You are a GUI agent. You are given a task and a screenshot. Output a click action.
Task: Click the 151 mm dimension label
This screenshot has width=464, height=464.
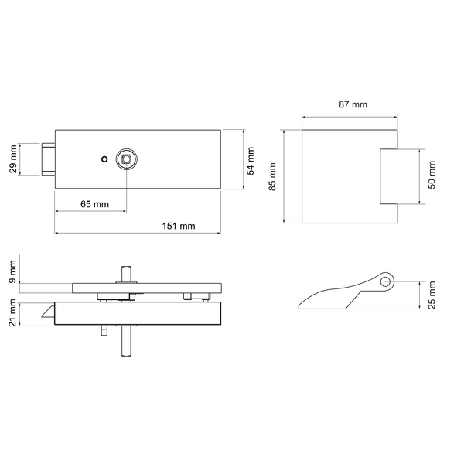click(179, 227)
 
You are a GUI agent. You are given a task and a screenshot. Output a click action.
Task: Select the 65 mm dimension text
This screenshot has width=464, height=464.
click(94, 204)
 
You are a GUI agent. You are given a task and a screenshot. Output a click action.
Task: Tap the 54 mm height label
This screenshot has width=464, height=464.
click(251, 161)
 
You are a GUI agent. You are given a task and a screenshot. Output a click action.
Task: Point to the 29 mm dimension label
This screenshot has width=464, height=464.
click(13, 159)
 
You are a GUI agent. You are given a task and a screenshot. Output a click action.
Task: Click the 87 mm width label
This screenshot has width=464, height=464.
click(353, 104)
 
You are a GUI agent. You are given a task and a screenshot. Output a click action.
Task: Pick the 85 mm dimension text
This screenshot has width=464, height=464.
click(272, 176)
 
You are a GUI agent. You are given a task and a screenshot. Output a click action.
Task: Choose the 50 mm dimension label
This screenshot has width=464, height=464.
click(432, 175)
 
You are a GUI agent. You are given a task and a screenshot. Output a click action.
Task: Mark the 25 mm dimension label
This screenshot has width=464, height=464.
click(432, 295)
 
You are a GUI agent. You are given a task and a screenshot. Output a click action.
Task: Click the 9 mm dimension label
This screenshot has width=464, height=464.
click(12, 271)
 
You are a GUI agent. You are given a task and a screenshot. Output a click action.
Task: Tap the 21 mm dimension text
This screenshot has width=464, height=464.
click(12, 312)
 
